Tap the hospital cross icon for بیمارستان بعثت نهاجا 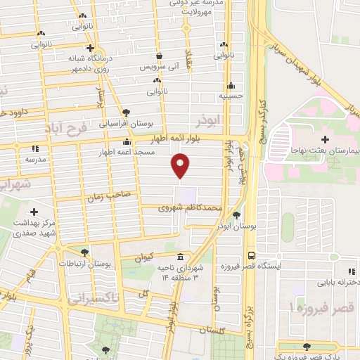325,140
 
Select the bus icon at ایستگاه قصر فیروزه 251,257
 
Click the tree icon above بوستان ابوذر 236,216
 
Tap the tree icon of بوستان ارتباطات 85,252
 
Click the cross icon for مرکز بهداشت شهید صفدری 34,212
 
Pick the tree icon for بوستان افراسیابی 125,112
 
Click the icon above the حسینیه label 230,85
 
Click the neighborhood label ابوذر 210,120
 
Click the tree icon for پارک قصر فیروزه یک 306,346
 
